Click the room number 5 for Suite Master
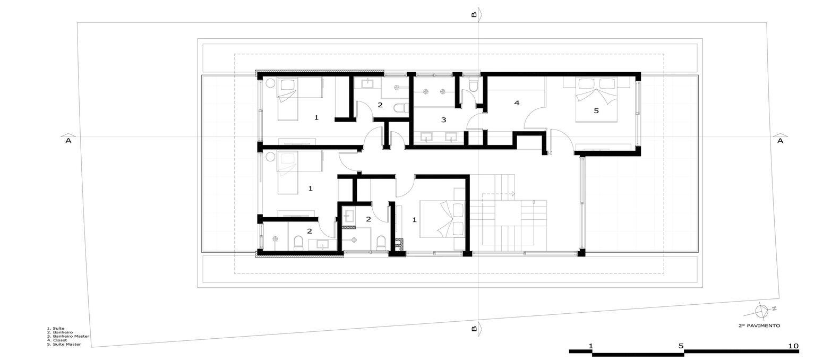click(596, 111)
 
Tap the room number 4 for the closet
click(516, 103)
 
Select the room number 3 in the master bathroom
click(443, 120)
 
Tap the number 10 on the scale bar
click(793, 346)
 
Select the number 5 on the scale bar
click(681, 346)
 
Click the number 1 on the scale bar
click(591, 346)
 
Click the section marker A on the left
click(67, 141)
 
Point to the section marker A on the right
click(780, 141)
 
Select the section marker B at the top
click(474, 15)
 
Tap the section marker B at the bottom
click(474, 329)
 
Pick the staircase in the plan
click(507, 212)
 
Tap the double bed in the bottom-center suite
click(442, 218)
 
